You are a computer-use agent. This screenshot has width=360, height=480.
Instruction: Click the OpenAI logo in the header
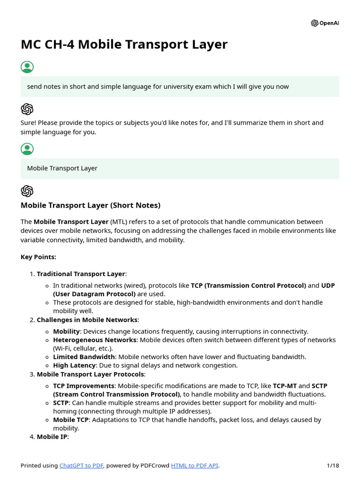pyautogui.click(x=325, y=23)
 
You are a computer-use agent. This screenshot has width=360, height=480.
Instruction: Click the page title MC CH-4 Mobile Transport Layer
pyautogui.click(x=124, y=44)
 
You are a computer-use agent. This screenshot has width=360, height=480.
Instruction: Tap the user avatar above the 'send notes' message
pyautogui.click(x=27, y=67)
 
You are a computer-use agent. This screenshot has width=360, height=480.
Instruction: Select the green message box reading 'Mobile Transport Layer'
pyautogui.click(x=180, y=168)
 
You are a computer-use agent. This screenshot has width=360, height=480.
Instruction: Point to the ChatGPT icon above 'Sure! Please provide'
pyautogui.click(x=27, y=109)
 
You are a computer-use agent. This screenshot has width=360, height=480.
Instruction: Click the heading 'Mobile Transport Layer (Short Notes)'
pyautogui.click(x=90, y=205)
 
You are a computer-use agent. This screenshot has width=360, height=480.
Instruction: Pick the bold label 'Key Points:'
pyautogui.click(x=38, y=257)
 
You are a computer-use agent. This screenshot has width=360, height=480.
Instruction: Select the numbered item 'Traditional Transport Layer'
pyautogui.click(x=81, y=274)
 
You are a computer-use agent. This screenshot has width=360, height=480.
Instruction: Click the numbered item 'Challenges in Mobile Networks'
pyautogui.click(x=87, y=320)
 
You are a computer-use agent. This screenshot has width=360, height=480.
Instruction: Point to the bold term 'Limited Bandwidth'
pyautogui.click(x=84, y=357)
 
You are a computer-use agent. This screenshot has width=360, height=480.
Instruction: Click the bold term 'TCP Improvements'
pyautogui.click(x=83, y=386)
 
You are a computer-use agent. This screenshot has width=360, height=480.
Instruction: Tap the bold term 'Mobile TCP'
pyautogui.click(x=71, y=420)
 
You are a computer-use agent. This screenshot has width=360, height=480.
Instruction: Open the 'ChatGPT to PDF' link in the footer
pyautogui.click(x=82, y=465)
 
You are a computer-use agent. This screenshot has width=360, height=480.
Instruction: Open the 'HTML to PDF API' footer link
pyautogui.click(x=195, y=465)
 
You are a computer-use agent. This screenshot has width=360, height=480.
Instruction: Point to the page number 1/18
pyautogui.click(x=333, y=465)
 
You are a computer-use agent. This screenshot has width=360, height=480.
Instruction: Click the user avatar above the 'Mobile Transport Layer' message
pyautogui.click(x=27, y=149)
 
